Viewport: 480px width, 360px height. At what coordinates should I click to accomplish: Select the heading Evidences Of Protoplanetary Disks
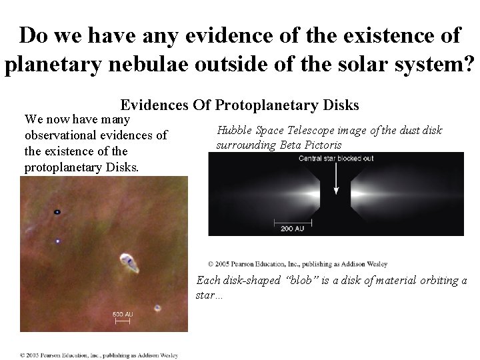click(239, 105)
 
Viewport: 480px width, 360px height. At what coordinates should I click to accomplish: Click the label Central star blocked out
click(335, 159)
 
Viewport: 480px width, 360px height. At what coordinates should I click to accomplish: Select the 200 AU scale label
click(292, 228)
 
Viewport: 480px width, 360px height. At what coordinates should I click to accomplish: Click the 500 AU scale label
click(122, 314)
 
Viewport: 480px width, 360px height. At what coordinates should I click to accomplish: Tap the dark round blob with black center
click(57, 212)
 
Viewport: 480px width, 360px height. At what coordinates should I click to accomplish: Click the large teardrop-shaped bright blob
click(129, 261)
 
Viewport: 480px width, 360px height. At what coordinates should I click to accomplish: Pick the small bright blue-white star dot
click(58, 241)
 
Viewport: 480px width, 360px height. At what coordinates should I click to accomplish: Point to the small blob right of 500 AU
click(157, 308)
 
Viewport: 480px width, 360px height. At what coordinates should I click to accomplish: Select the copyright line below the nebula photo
click(99, 355)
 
